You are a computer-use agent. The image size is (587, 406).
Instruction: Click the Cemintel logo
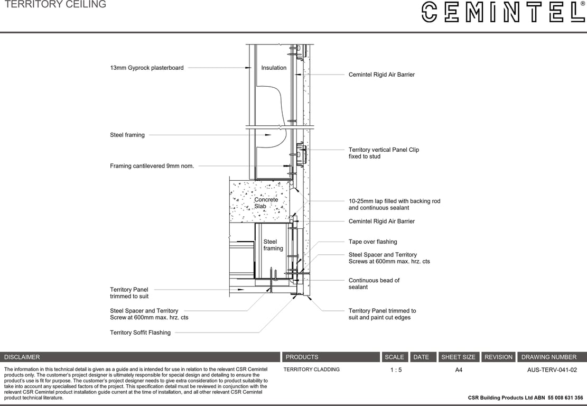point(502,12)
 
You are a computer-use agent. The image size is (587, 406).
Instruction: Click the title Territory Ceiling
point(55,5)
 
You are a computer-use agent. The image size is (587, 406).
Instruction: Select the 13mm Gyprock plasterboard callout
point(147,68)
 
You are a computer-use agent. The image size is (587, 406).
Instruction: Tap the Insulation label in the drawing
point(274,68)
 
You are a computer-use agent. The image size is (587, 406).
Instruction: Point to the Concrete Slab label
point(266,203)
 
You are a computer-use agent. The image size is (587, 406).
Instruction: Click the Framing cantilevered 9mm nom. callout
point(152,166)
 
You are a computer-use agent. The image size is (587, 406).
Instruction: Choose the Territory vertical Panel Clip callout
point(383,153)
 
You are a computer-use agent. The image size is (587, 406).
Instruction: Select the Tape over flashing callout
point(372,242)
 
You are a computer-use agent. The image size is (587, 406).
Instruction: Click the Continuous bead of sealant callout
point(374,283)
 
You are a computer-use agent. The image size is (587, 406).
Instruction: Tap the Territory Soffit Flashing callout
point(140,333)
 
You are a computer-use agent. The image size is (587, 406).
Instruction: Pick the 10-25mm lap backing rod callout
point(394,204)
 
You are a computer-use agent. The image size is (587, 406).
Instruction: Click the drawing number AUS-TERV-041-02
point(552,370)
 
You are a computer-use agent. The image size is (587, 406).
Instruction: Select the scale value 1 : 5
point(396,370)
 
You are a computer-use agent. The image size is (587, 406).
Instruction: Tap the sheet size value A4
point(459,370)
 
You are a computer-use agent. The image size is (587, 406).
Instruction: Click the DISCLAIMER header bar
point(140,357)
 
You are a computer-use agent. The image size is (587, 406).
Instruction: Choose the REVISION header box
point(498,357)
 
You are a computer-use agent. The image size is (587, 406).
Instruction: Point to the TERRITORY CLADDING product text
point(311,370)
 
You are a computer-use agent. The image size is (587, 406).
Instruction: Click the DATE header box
point(421,357)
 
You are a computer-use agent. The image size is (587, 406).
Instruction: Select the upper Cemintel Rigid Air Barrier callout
point(381,75)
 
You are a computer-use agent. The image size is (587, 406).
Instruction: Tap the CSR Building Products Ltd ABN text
point(525,398)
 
